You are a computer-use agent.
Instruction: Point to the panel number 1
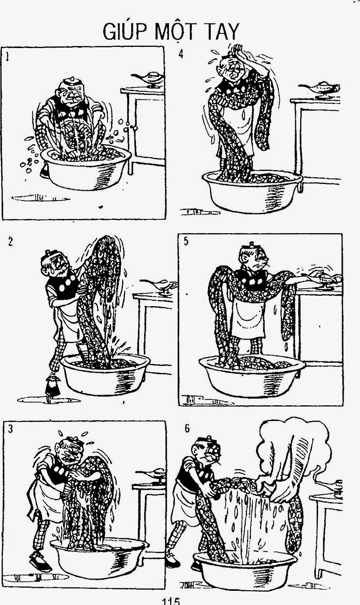tap(7, 57)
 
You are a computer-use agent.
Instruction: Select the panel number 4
tap(181, 54)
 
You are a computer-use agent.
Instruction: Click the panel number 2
tap(10, 242)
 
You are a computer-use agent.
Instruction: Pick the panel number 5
tap(186, 241)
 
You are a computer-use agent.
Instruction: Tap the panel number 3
tap(10, 429)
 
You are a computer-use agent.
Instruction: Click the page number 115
tap(171, 601)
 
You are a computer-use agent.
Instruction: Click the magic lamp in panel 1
tap(148, 79)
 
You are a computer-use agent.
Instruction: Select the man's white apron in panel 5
tap(247, 318)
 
